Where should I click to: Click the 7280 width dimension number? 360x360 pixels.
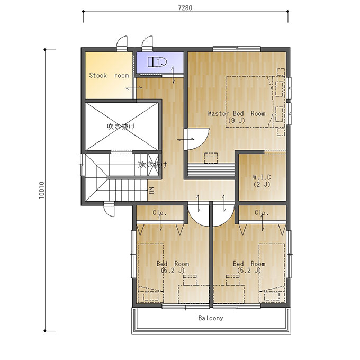[x=185, y=7]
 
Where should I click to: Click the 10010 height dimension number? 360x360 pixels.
[x=41, y=190]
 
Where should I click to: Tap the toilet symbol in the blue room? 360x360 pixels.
[x=157, y=62]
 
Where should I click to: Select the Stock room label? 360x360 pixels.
[x=109, y=75]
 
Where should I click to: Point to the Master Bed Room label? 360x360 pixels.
[x=237, y=113]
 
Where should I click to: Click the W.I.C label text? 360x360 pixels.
[x=262, y=177]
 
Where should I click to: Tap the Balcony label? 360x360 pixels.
[x=211, y=318]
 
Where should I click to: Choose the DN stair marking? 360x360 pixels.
[x=151, y=191]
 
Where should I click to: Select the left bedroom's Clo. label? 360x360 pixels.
[x=159, y=213]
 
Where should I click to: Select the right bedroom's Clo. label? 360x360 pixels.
[x=262, y=213]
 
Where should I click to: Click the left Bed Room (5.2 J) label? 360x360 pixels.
[x=173, y=267]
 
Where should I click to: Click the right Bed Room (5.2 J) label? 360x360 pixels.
[x=249, y=267]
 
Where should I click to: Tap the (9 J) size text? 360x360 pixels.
[x=237, y=120]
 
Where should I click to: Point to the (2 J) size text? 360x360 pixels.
[x=262, y=184]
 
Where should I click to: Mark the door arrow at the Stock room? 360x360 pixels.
[x=134, y=88]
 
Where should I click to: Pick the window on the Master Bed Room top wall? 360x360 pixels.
[x=237, y=49]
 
